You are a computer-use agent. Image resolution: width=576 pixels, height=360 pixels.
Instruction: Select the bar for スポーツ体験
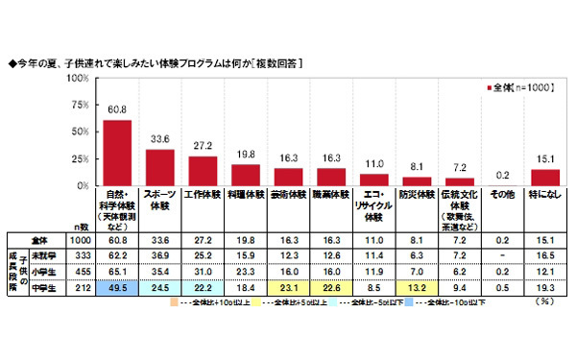(159, 167)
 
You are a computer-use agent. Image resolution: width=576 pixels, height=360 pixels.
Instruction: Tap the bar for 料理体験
(246, 175)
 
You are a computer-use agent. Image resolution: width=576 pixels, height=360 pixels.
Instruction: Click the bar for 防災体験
(418, 180)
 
